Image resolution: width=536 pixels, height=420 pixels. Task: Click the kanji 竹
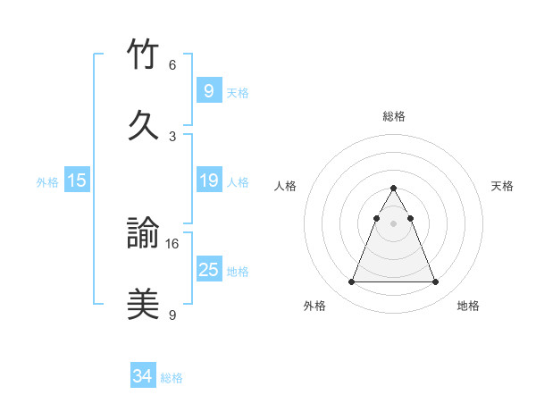coord(143,55)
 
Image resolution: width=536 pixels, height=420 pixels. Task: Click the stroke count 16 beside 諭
coord(173,243)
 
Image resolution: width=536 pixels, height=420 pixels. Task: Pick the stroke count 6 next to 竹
coord(172,65)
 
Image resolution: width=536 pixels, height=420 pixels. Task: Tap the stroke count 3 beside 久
coord(172,136)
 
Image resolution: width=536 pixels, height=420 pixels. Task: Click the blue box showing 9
coord(208,90)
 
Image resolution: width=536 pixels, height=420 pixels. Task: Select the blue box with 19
coord(208,181)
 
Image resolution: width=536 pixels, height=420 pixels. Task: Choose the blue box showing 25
coord(208,269)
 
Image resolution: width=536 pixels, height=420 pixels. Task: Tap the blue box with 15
coord(77,181)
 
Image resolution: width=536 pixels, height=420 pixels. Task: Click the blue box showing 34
coord(143,376)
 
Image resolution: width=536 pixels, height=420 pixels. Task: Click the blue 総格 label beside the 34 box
coord(172,378)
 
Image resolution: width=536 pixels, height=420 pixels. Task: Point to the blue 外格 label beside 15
coord(47,182)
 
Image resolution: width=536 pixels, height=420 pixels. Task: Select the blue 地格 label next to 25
coord(238,271)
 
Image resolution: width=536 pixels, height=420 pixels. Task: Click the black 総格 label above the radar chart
coord(393,117)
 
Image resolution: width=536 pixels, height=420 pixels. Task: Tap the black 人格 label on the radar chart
coord(286,186)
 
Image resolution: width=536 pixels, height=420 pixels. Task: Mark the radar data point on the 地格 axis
coord(435,282)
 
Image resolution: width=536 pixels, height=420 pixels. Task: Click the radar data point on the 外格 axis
coord(351,282)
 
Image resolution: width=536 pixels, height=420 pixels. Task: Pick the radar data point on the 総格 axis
coord(393,188)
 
